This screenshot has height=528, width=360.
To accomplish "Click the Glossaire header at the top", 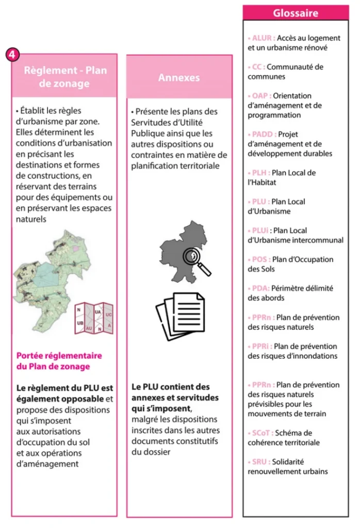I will [x=296, y=12].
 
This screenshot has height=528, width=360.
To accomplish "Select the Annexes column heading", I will [x=178, y=77].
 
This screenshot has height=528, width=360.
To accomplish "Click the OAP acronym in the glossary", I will [x=259, y=96].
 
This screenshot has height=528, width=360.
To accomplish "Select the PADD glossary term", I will [x=261, y=135].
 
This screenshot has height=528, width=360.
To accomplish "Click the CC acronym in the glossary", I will [x=256, y=67].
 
